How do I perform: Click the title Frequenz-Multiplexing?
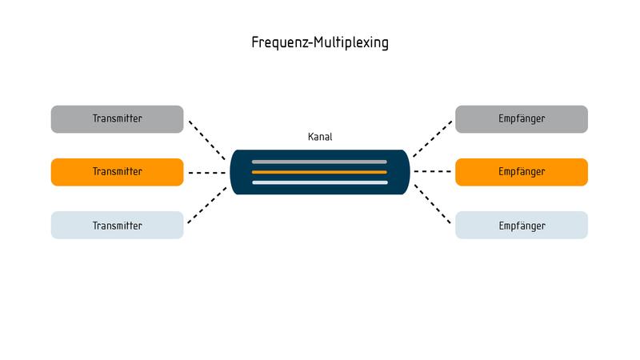320,43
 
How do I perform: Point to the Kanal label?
320,137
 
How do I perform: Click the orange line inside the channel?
319,172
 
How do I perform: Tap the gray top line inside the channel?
319,162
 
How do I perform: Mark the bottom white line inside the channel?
319,182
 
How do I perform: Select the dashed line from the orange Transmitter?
206,172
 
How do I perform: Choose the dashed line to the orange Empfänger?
433,172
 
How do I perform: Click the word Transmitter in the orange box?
117,172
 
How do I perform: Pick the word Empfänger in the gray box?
522,119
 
